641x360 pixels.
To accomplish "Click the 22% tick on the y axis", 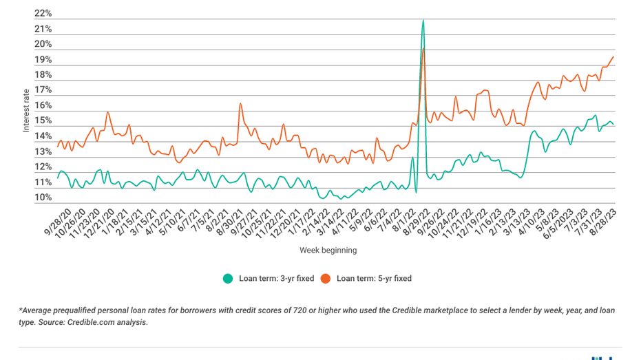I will tap(43, 14).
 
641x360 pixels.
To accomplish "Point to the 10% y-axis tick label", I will tap(43, 198).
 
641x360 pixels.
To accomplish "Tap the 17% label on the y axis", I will tap(43, 90).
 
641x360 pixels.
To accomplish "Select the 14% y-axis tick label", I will tap(43, 136).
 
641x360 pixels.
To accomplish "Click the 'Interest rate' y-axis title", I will tap(26, 110).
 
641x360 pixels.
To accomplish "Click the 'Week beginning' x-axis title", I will tap(328, 251).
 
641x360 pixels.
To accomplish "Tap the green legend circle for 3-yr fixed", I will tap(228, 279).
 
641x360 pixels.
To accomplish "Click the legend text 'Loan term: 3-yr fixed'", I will tap(276, 279).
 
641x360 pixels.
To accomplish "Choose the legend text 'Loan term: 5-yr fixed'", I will tap(374, 279).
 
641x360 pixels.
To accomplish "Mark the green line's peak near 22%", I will tap(423, 21).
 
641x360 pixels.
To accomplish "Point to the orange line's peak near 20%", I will tap(423, 48).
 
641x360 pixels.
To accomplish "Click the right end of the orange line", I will tap(613, 56).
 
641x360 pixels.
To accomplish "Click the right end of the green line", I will tap(613, 125).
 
